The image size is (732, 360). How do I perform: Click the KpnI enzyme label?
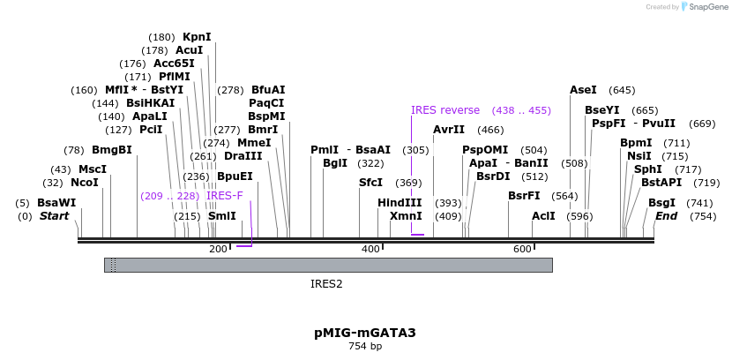197,37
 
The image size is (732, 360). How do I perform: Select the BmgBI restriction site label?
111,150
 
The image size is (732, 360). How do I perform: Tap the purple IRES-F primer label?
225,196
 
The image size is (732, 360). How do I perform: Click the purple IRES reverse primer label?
445,110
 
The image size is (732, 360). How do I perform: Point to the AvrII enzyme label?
449,130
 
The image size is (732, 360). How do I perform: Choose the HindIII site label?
400,203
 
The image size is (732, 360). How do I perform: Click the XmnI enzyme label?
406,216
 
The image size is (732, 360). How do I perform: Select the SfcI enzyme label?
370,183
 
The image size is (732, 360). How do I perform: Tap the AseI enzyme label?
583,90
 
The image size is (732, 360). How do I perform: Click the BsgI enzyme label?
662,203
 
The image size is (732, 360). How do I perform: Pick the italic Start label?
54,216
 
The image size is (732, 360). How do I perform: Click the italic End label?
667,216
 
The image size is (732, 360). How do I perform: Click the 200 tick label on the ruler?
218,250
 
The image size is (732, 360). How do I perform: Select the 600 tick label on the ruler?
522,250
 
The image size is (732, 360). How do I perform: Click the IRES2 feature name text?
326,284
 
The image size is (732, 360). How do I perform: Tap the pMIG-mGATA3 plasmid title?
364,333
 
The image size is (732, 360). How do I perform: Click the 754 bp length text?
364,347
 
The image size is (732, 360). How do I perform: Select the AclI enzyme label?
543,216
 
